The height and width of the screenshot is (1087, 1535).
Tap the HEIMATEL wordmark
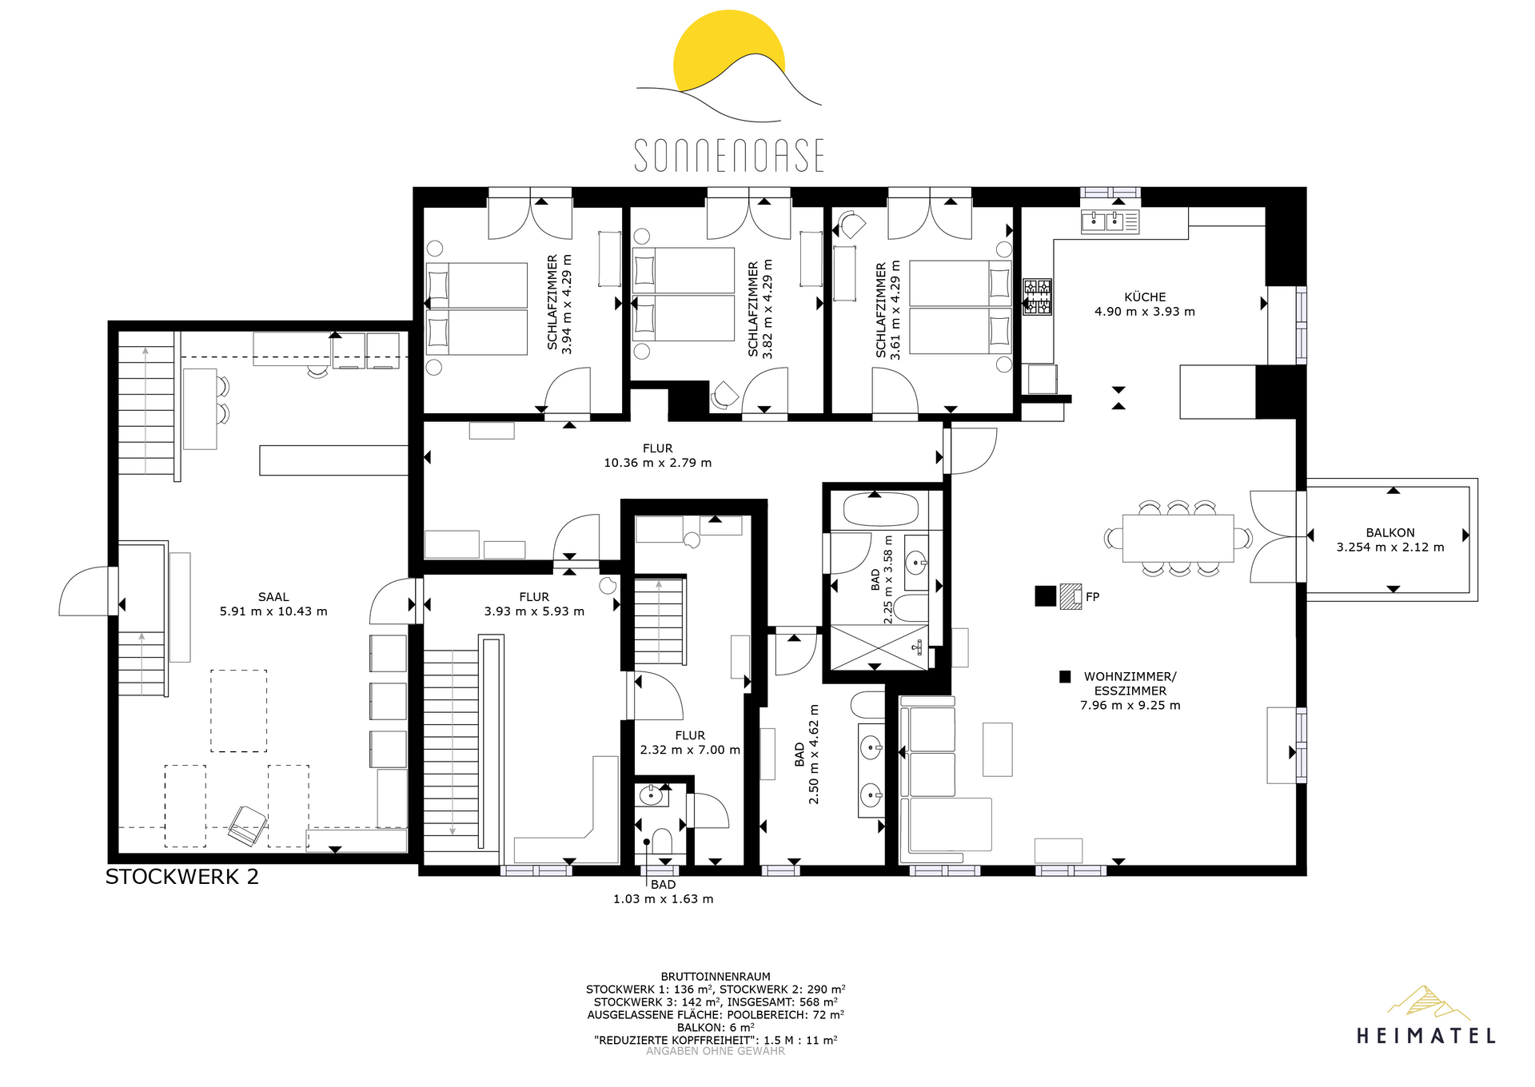click(x=1426, y=1036)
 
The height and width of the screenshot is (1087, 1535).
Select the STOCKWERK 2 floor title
click(x=182, y=877)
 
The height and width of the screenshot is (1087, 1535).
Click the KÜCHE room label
click(x=1145, y=297)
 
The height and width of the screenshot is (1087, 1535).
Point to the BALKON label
click(x=1390, y=532)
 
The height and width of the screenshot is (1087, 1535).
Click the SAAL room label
click(x=273, y=597)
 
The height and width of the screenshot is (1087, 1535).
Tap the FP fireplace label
click(x=1093, y=597)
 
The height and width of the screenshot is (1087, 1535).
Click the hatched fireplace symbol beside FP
click(x=1071, y=596)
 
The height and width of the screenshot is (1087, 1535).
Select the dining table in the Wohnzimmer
click(x=1178, y=538)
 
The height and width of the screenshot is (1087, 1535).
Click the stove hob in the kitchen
click(x=1038, y=297)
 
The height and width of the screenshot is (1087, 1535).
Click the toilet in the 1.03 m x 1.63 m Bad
click(x=662, y=842)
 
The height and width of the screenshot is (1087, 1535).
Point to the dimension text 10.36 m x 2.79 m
click(x=657, y=463)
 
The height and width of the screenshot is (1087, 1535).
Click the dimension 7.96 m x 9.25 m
click(x=1130, y=705)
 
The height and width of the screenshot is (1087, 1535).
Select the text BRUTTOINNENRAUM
click(x=716, y=977)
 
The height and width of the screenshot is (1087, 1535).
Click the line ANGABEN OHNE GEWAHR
click(x=716, y=1051)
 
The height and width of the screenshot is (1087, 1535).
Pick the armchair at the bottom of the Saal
click(x=247, y=826)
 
